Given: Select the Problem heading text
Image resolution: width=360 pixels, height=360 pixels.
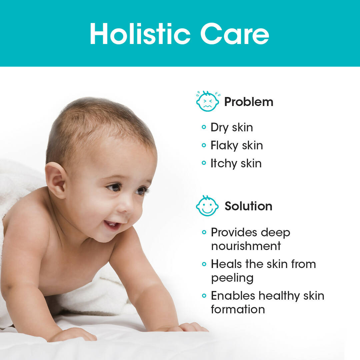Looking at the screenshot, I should [249, 102].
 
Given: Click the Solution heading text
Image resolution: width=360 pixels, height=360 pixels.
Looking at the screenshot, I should [248, 206].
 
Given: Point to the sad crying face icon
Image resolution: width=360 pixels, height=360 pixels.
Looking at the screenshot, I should [208, 101].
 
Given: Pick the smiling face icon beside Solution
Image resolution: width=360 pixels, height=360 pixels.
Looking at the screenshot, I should [207, 206].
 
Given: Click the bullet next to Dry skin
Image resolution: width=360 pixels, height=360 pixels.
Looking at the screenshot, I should [204, 127].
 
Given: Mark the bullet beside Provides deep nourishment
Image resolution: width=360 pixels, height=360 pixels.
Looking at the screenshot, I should [204, 232].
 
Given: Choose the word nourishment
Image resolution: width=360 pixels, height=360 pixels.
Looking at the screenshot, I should [246, 246].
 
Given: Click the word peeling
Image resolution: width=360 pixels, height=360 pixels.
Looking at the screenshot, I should [232, 278].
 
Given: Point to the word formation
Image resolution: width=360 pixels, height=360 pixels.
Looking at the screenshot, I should [238, 309].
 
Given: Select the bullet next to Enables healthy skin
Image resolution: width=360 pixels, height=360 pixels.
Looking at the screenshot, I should [204, 295].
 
